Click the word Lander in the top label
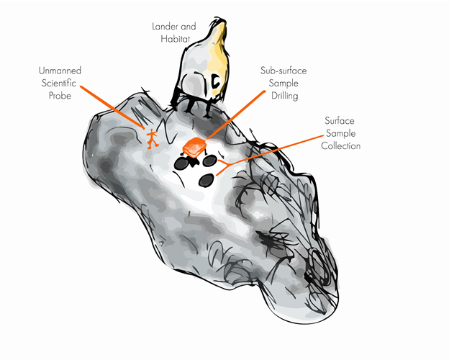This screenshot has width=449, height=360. [x=163, y=27]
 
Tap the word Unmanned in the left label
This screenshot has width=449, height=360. [x=60, y=71]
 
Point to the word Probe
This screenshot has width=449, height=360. [x=60, y=95]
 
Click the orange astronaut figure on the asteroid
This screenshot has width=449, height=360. [x=152, y=137]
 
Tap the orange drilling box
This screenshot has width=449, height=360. [x=194, y=148]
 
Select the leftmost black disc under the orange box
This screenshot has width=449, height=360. [x=181, y=163]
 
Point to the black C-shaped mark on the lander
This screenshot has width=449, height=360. [x=214, y=84]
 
